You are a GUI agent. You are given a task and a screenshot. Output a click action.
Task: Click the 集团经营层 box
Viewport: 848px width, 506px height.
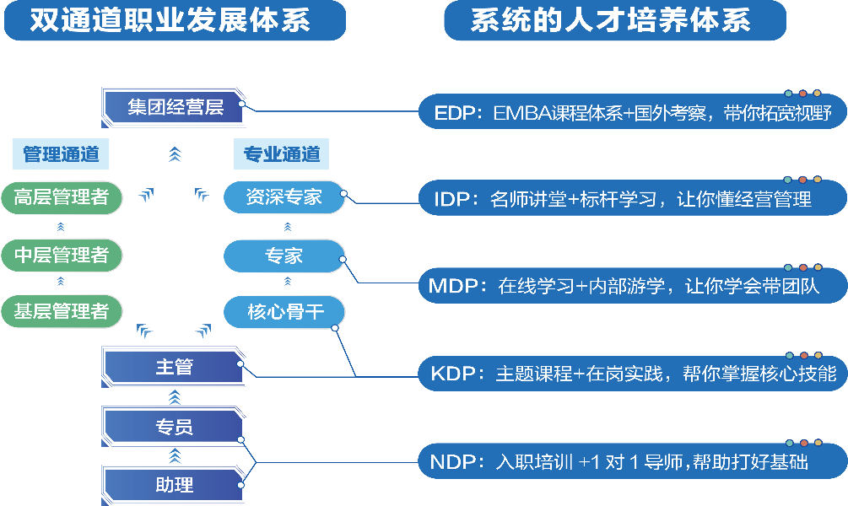click(175, 107)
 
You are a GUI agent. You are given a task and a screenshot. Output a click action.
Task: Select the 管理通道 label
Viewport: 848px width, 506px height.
click(61, 154)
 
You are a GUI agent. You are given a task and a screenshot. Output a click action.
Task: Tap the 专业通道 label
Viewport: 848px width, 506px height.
click(282, 154)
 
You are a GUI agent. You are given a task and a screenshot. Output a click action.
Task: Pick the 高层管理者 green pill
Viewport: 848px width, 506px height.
click(62, 197)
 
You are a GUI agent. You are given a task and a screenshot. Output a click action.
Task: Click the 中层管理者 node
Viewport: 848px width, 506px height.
click(62, 255)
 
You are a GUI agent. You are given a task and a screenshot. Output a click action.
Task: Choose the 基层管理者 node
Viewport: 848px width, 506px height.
click(62, 311)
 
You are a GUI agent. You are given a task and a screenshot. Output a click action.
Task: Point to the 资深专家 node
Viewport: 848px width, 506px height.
click(284, 197)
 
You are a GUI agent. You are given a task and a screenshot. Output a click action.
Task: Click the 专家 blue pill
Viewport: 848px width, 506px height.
click(284, 255)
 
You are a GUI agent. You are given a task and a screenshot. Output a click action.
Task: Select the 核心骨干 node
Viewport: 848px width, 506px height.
click(284, 311)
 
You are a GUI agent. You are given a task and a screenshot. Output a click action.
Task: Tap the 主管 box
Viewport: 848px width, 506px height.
click(175, 367)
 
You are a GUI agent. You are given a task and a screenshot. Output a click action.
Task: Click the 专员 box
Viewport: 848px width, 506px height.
click(175, 427)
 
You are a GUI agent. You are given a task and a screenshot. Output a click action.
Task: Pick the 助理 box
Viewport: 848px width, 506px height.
click(175, 485)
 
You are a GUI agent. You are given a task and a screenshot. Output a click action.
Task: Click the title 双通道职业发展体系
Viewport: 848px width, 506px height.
click(170, 21)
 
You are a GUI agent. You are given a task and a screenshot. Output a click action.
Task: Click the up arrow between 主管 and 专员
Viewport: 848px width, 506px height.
click(175, 397)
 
